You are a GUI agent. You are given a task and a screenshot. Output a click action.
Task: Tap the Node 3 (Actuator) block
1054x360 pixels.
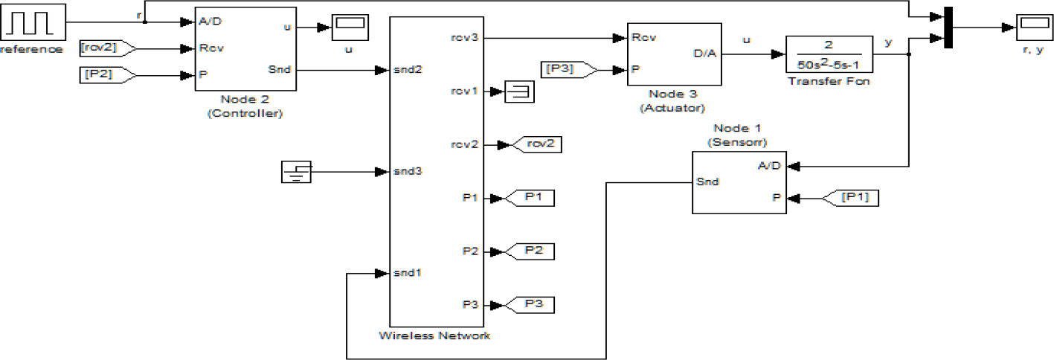674,53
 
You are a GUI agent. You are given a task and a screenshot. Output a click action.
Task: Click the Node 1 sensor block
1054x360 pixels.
739,182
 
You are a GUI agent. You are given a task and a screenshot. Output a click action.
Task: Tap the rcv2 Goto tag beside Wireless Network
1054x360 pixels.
536,144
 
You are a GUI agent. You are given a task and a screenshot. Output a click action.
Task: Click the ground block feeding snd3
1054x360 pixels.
296,172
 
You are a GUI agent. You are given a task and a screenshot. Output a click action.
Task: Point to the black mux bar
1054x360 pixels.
948,28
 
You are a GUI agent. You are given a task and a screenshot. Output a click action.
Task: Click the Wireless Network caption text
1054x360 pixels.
434,335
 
